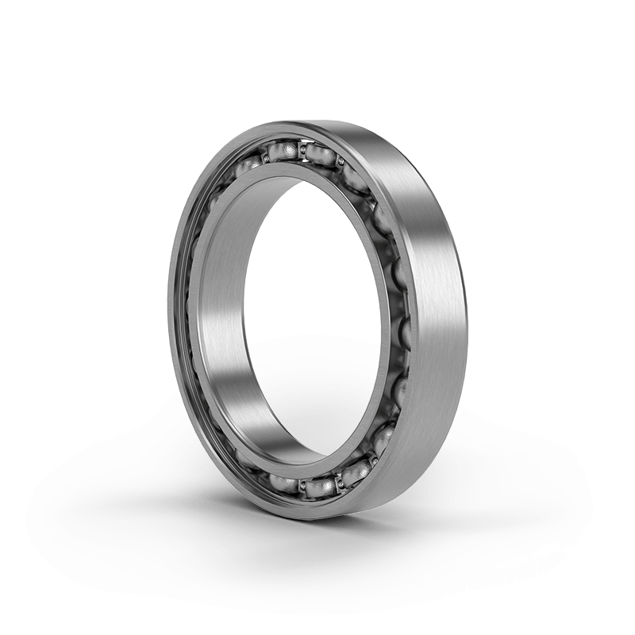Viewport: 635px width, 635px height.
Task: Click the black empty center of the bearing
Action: (x=317, y=262)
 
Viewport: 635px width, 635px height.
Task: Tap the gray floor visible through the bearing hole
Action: (x=317, y=397)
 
